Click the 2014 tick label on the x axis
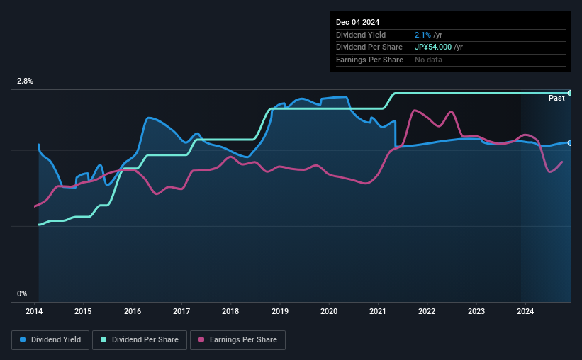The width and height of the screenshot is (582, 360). click(x=35, y=311)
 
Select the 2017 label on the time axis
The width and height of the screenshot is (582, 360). click(x=181, y=311)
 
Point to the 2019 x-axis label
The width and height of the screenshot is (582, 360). click(x=279, y=311)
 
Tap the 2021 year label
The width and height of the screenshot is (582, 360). click(x=377, y=311)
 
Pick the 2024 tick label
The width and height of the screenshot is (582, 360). click(x=525, y=311)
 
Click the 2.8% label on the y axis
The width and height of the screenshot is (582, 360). click(x=25, y=81)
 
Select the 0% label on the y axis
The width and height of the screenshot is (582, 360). click(x=22, y=293)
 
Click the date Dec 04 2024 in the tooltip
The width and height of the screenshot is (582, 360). click(x=359, y=21)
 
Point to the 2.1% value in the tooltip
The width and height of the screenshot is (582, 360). click(x=423, y=35)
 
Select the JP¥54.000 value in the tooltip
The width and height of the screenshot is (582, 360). click(x=433, y=47)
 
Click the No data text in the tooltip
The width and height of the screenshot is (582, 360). click(x=429, y=60)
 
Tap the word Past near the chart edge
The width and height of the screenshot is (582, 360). click(x=556, y=98)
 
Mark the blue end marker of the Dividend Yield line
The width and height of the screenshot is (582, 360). click(x=569, y=143)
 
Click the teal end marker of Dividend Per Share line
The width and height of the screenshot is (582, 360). click(x=569, y=93)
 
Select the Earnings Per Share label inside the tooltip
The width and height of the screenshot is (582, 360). click(x=369, y=60)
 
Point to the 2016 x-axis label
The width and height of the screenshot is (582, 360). click(x=133, y=311)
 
